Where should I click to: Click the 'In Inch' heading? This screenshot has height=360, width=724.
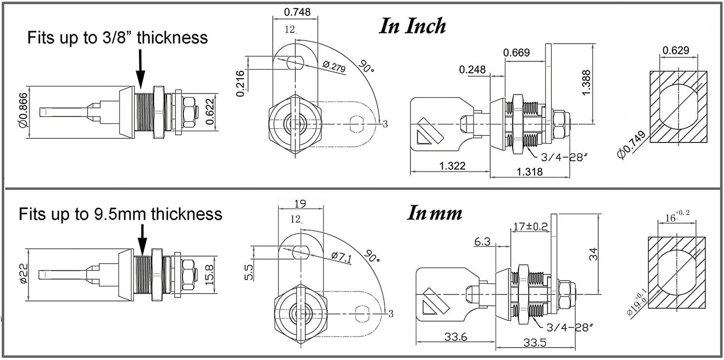tap(412, 26)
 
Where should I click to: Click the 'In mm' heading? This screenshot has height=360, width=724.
tap(434, 213)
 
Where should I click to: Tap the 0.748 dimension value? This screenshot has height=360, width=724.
tap(297, 12)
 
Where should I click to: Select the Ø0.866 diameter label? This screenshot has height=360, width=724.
tap(24, 110)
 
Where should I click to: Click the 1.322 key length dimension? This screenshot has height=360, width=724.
tap(452, 166)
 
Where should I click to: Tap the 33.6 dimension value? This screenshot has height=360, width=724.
tap(456, 336)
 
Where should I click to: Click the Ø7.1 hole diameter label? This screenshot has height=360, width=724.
tap(341, 257)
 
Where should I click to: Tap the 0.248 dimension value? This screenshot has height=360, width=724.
tap(472, 69)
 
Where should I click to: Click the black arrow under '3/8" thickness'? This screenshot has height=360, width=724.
tap(140, 69)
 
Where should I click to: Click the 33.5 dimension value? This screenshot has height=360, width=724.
tap(535, 343)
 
